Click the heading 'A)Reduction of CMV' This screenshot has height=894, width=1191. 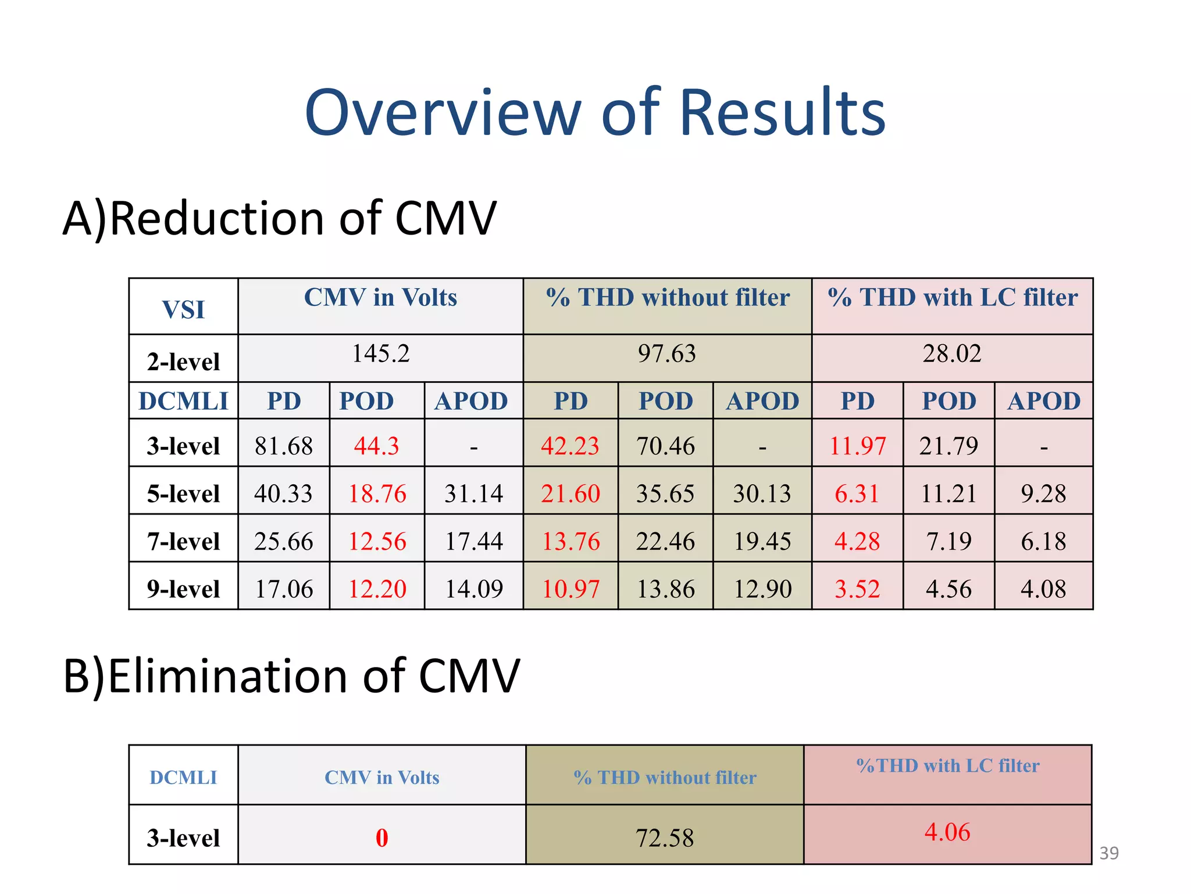pyautogui.click(x=279, y=219)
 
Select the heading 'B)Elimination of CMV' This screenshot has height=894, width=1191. pyautogui.click(x=291, y=676)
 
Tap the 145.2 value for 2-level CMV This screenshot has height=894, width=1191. pyautogui.click(x=381, y=354)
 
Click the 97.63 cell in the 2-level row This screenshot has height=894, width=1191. pyautogui.click(x=666, y=354)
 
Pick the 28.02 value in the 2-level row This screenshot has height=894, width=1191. pyautogui.click(x=952, y=354)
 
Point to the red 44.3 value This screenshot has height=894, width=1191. pyautogui.click(x=377, y=446)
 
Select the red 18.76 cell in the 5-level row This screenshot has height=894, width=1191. pyautogui.click(x=377, y=494)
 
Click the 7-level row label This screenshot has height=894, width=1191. pyautogui.click(x=183, y=542)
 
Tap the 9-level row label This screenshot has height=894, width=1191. pyautogui.click(x=183, y=590)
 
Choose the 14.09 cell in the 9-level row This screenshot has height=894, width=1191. pyautogui.click(x=474, y=590)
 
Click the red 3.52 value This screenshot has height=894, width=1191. pyautogui.click(x=857, y=590)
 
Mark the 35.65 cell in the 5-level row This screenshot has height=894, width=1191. pyautogui.click(x=665, y=494)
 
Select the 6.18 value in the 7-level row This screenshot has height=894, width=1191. pyautogui.click(x=1043, y=542)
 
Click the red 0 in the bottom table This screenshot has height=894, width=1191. pyautogui.click(x=381, y=838)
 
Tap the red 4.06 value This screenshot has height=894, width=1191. pyautogui.click(x=947, y=832)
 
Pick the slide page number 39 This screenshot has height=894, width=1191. pyautogui.click(x=1109, y=853)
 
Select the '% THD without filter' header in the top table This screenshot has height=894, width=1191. pyautogui.click(x=668, y=298)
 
